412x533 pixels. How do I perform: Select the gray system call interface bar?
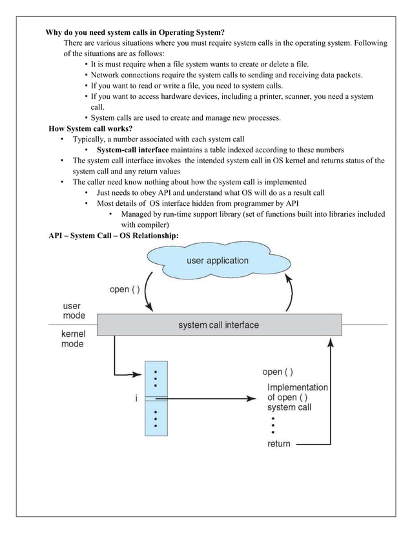[x=218, y=325]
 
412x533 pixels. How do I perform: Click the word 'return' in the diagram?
[x=279, y=444]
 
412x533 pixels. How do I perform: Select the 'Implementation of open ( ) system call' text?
[x=297, y=397]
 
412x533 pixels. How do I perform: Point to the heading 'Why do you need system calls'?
[x=134, y=32]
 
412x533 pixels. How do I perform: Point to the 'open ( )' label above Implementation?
[x=278, y=372]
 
